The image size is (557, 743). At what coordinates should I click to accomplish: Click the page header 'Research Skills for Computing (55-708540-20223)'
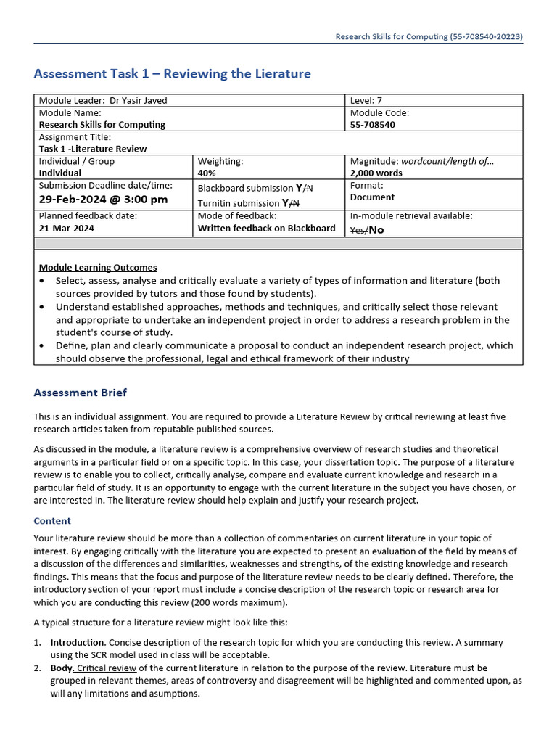pyautogui.click(x=429, y=36)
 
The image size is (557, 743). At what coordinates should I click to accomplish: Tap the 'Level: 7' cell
pyautogui.click(x=367, y=101)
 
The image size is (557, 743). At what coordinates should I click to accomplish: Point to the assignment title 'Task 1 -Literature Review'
pyautogui.click(x=93, y=149)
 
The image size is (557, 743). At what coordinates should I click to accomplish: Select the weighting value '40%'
pyautogui.click(x=207, y=173)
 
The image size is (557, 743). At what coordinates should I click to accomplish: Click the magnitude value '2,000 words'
pyautogui.click(x=377, y=173)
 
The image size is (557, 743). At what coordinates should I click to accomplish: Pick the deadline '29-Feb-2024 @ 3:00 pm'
pyautogui.click(x=103, y=200)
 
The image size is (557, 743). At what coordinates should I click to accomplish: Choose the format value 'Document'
pyautogui.click(x=372, y=197)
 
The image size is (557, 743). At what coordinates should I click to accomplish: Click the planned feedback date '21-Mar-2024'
pyautogui.click(x=67, y=228)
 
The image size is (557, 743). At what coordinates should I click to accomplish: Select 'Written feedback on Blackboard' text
pyautogui.click(x=266, y=228)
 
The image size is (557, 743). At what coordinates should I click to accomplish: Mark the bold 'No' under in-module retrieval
pyautogui.click(x=376, y=230)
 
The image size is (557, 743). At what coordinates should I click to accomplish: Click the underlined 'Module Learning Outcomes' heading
pyautogui.click(x=98, y=268)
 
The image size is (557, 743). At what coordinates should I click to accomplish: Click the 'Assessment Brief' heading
pyautogui.click(x=80, y=393)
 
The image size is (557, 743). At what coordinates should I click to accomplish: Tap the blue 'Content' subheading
pyautogui.click(x=52, y=521)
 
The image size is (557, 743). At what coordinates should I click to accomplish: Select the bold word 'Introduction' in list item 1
pyautogui.click(x=78, y=643)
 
